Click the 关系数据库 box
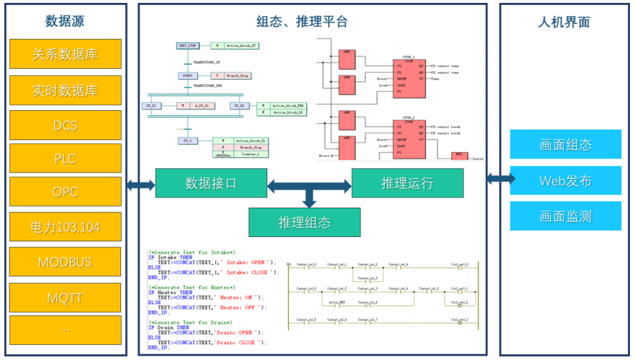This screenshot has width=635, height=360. (x=65, y=54)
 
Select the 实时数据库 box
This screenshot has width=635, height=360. (x=65, y=91)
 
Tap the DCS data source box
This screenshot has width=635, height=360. (x=65, y=125)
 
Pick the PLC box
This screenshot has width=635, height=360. (x=65, y=159)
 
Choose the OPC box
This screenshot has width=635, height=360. (x=65, y=193)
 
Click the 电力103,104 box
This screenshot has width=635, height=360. (x=65, y=227)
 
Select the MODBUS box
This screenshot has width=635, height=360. (x=65, y=261)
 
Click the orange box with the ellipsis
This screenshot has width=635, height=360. (x=65, y=329)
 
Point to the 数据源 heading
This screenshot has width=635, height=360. (x=65, y=22)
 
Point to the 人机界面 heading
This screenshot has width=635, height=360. (x=565, y=22)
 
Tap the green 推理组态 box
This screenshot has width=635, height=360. (x=304, y=222)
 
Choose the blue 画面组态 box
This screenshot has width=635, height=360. (x=565, y=144)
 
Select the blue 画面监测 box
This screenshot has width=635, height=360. (x=565, y=216)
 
